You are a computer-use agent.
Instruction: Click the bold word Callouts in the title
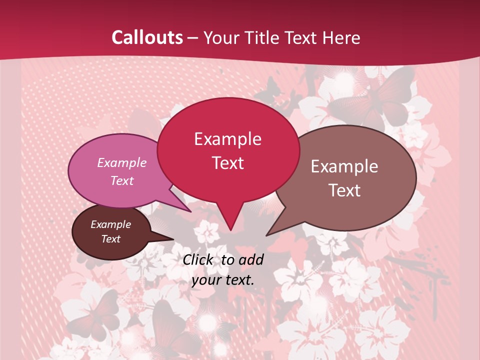pos(147,37)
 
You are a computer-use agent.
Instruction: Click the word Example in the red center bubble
pos(227,139)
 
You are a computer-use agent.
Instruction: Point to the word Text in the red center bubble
pos(227,163)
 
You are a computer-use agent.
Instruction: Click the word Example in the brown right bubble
pos(344,166)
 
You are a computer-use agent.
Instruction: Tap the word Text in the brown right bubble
pos(344,190)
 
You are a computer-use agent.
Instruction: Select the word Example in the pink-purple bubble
pos(121,162)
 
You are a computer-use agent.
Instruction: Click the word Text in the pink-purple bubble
pos(121,180)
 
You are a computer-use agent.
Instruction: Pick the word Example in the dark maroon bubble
pos(110,224)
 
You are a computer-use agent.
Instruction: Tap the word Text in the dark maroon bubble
pos(110,239)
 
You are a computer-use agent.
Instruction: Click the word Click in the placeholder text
pos(198,259)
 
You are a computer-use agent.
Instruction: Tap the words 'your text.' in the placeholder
pos(223,280)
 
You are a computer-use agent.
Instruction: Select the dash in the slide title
pos(193,37)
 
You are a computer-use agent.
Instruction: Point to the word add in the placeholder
pos(250,259)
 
